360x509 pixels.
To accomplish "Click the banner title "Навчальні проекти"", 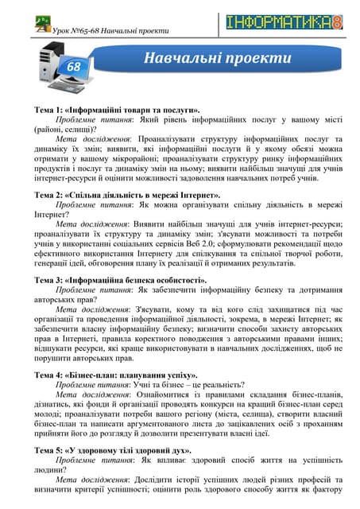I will click(x=216, y=58).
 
